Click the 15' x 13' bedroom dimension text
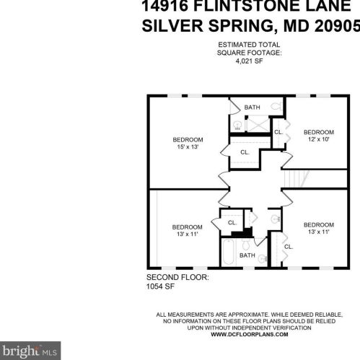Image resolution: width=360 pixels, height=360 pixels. (x=188, y=146)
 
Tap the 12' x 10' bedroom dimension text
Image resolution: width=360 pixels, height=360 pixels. (x=319, y=139)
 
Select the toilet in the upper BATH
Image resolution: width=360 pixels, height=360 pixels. (x=276, y=106)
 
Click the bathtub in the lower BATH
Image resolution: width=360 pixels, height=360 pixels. (x=228, y=252)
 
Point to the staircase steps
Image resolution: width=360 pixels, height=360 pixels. (x=297, y=178)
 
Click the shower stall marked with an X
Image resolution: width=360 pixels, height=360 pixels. (x=258, y=124)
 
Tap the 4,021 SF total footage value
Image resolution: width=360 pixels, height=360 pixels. (x=249, y=61)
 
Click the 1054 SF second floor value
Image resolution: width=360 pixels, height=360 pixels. (x=160, y=286)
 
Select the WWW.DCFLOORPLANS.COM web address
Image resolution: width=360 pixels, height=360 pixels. (x=250, y=334)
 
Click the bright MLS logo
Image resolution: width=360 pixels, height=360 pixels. (x=30, y=351)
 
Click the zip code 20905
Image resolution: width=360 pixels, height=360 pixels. (x=337, y=25)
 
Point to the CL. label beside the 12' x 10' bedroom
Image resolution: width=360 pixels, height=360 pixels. (x=278, y=132)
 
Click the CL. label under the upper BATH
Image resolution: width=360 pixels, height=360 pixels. (x=245, y=152)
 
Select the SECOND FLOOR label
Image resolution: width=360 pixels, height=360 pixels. (x=177, y=277)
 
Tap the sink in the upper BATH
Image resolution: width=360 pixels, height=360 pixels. (x=237, y=126)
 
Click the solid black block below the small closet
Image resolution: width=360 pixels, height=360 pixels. (x=242, y=233)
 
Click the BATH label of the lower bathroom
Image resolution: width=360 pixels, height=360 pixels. (x=247, y=255)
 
